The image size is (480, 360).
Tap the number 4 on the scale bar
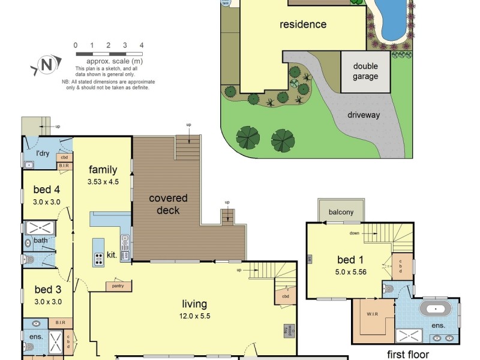point(142,46)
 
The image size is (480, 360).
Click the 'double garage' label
point(365,71)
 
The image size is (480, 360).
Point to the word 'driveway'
point(363,115)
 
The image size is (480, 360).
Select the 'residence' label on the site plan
point(303,25)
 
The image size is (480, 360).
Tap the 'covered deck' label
point(168,204)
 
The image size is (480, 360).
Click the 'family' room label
point(103,170)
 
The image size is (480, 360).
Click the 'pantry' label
point(118,286)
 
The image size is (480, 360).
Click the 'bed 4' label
point(47,191)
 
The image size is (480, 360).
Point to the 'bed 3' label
point(47,292)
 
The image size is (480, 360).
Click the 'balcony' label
point(341,212)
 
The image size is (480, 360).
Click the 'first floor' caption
point(408,355)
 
